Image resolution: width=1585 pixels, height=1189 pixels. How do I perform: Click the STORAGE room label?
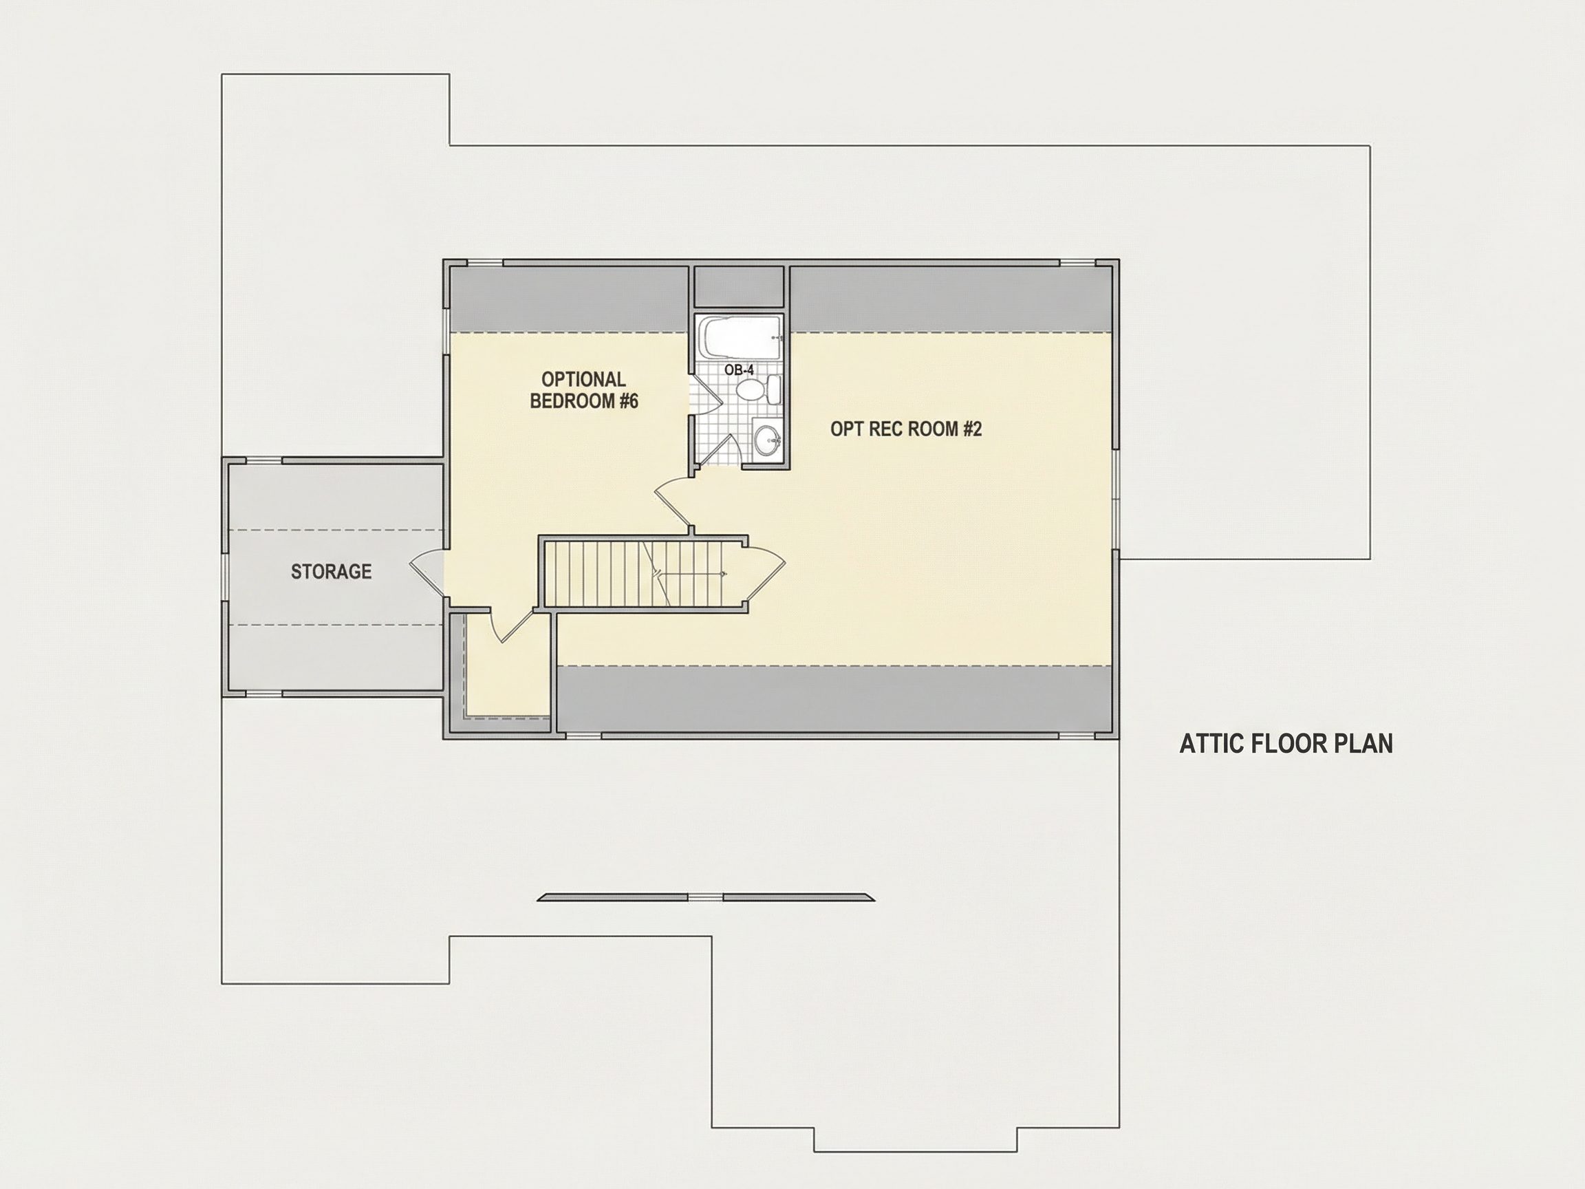(x=331, y=571)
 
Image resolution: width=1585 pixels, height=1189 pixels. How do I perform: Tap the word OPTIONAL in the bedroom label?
(x=583, y=379)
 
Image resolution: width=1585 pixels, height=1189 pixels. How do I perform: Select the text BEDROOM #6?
(x=584, y=400)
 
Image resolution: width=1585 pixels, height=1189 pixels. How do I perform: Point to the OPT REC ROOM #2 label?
(x=906, y=429)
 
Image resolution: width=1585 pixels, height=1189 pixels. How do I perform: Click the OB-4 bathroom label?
(x=739, y=369)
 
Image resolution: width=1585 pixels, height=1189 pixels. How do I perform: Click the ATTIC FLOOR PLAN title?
(x=1286, y=744)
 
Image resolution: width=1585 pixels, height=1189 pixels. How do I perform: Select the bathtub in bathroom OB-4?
(x=740, y=338)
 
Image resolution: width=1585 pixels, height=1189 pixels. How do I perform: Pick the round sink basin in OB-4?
(x=767, y=438)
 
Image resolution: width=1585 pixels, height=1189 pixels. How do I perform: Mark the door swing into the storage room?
(x=427, y=572)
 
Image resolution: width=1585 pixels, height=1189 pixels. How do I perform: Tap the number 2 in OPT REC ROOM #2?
(x=977, y=429)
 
